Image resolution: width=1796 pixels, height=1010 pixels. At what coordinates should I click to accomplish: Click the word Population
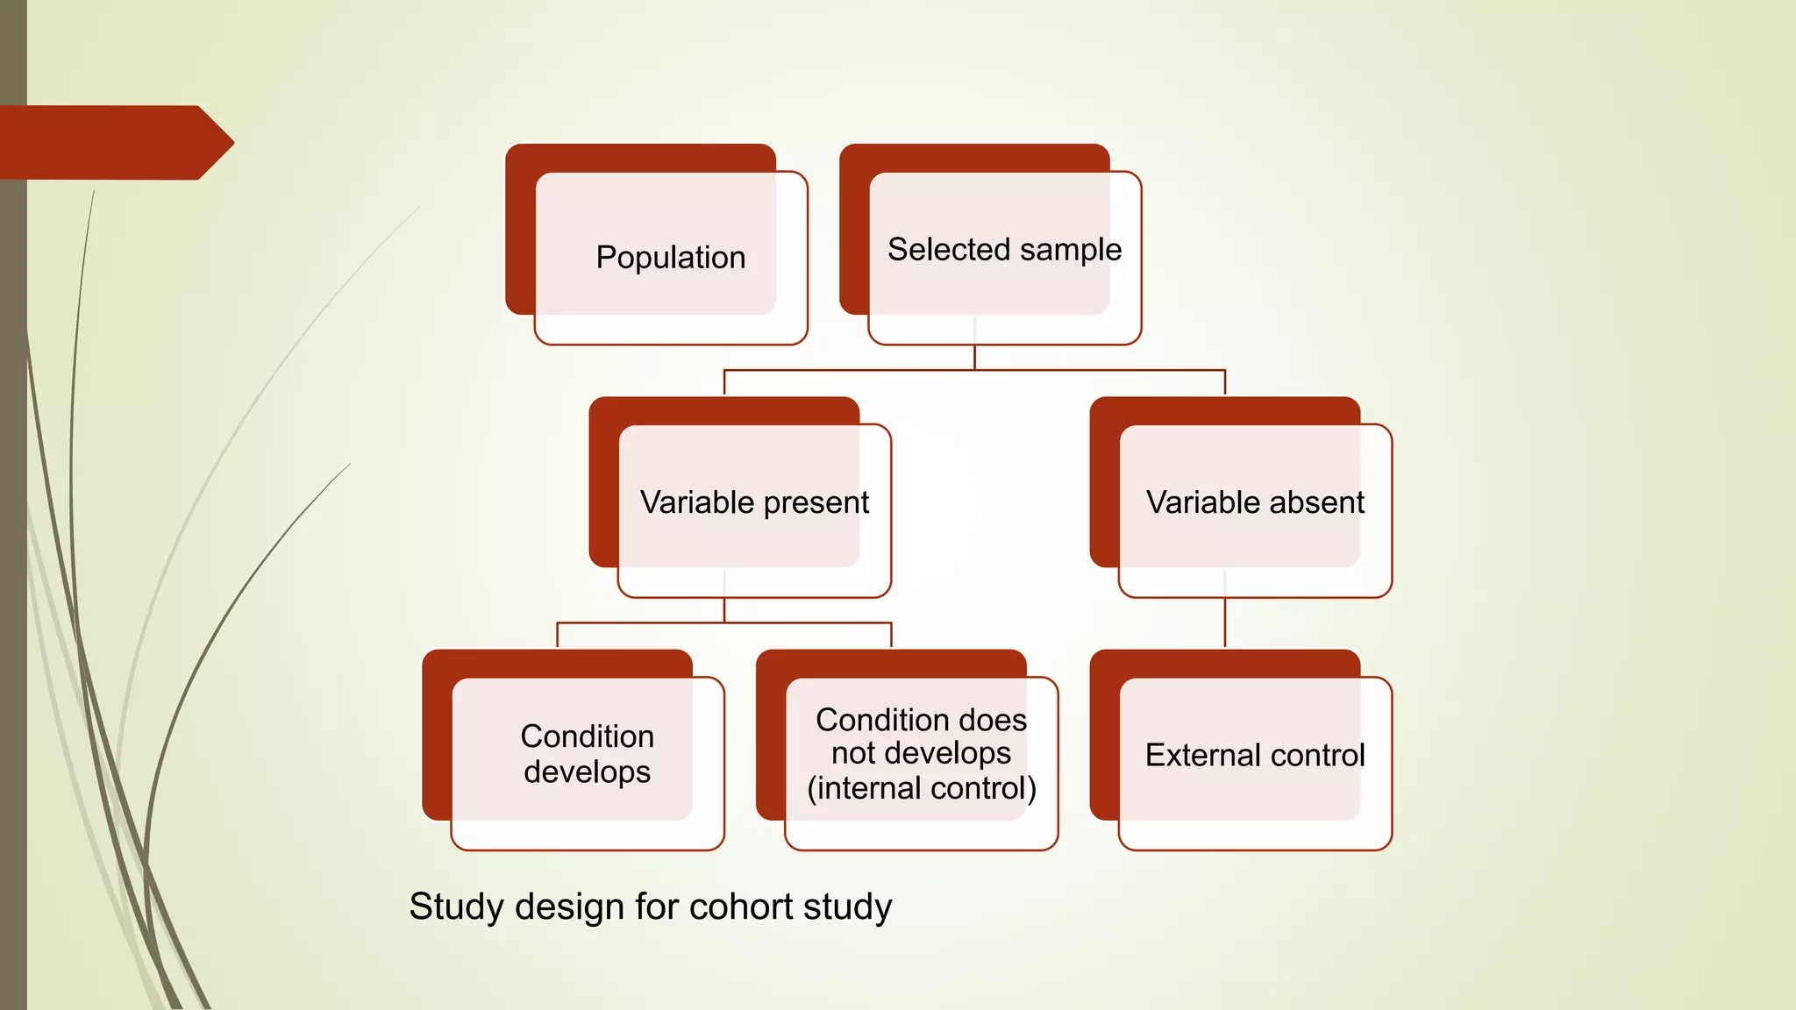point(671,258)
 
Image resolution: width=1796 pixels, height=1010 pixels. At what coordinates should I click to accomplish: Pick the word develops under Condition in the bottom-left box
point(587,772)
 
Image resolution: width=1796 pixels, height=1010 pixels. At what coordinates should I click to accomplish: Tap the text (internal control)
point(922,788)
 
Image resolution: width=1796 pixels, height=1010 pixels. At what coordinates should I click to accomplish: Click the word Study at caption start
point(457,907)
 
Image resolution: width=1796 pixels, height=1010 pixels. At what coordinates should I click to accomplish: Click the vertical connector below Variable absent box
point(1224,624)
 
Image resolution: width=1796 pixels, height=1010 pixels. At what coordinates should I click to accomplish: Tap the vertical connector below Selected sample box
point(974,357)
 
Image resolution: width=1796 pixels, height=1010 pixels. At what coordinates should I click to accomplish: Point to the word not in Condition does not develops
point(853,753)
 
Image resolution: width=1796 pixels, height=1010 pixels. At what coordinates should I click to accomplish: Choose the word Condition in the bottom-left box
point(587,736)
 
